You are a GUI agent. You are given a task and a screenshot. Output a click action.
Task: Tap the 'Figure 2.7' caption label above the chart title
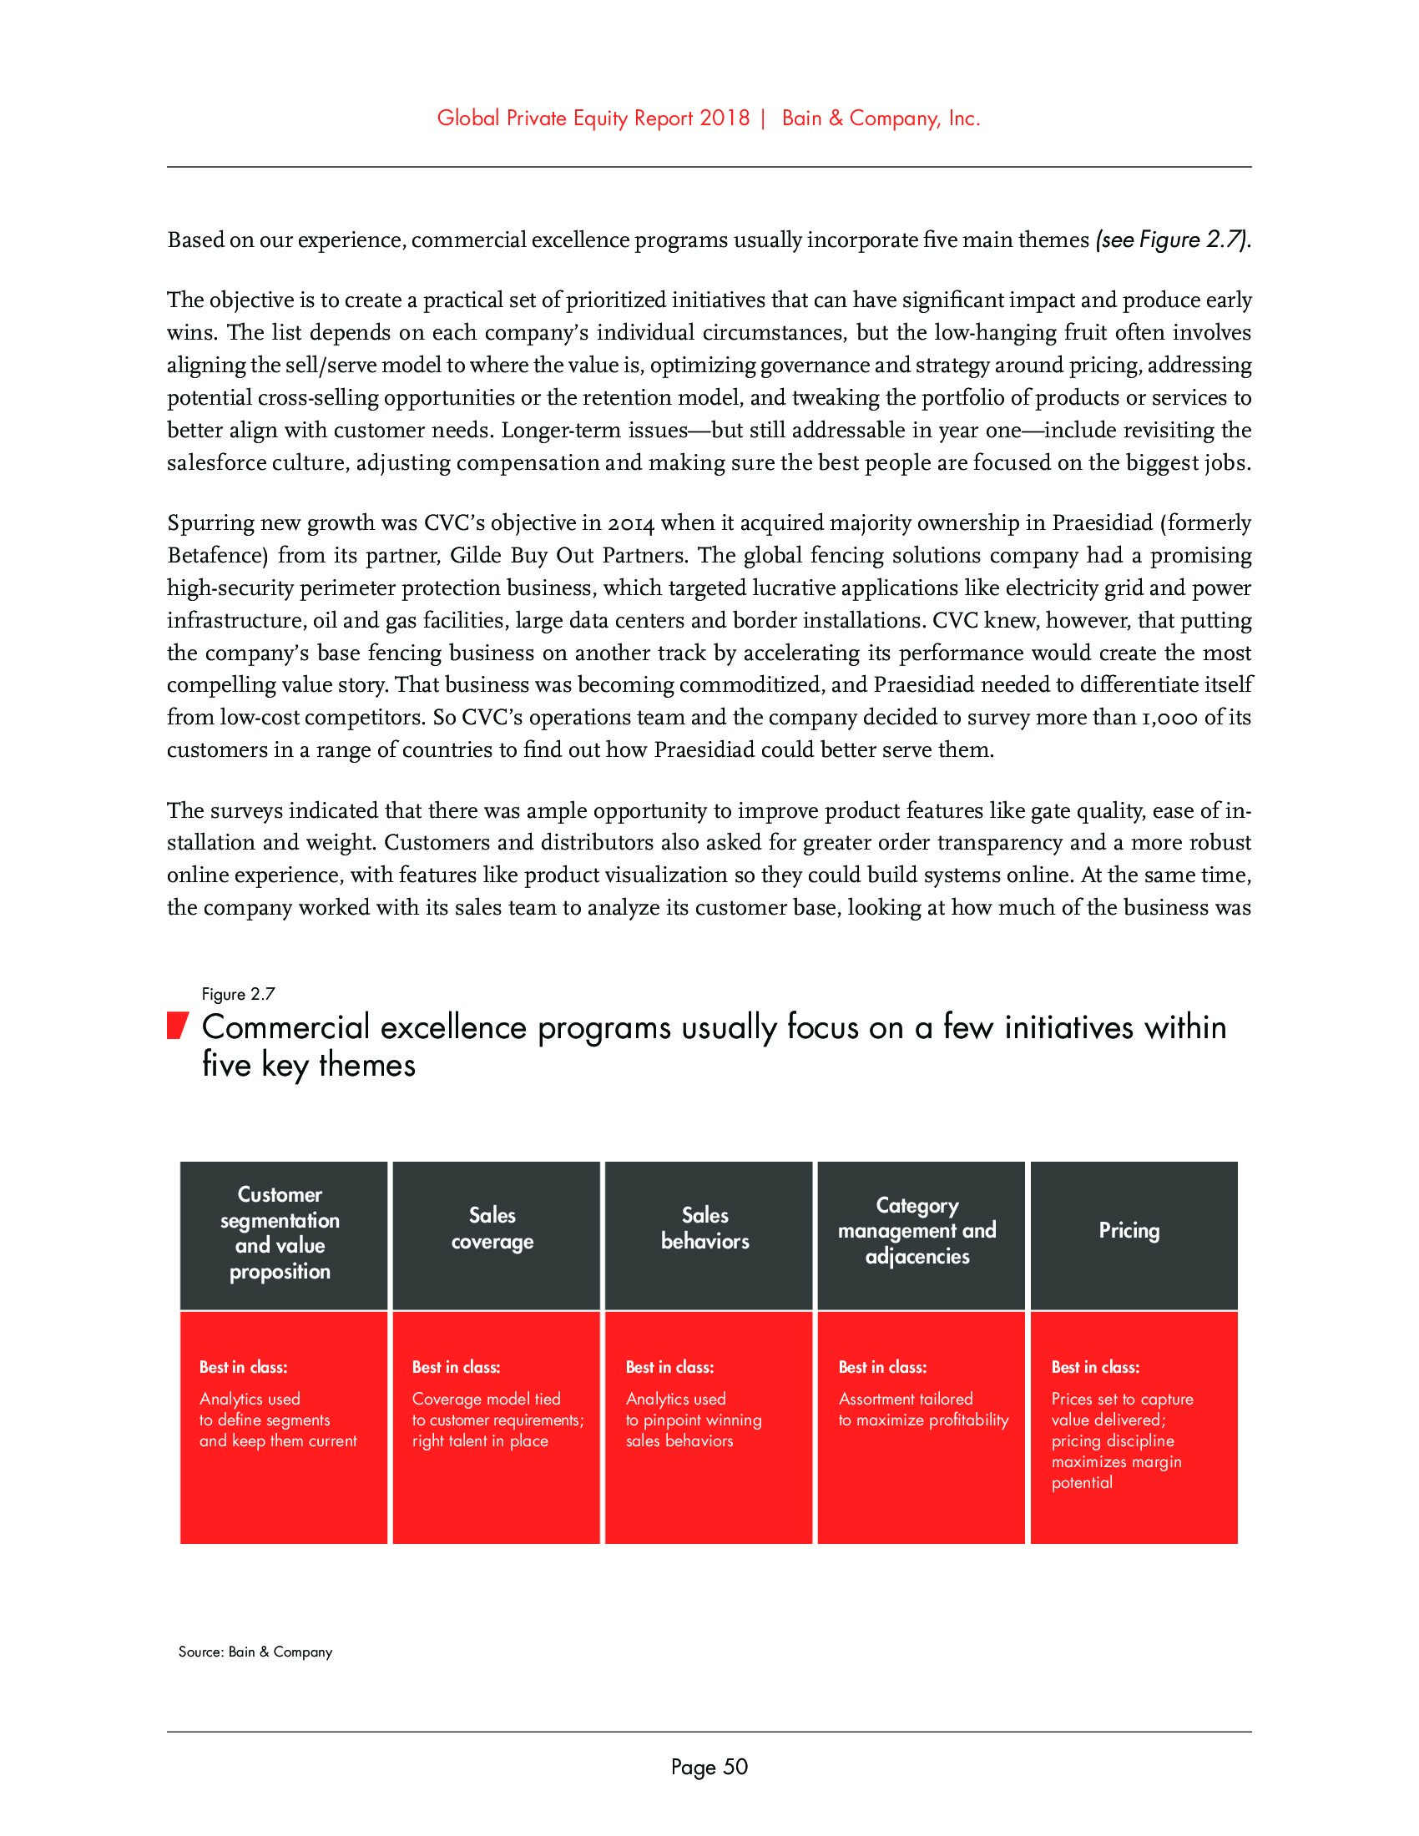point(238,995)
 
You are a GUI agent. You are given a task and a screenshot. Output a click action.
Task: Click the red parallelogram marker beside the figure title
point(174,1027)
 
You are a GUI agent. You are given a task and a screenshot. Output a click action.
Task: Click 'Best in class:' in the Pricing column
point(1094,1368)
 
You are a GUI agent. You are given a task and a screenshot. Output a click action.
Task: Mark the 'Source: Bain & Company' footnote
point(255,1652)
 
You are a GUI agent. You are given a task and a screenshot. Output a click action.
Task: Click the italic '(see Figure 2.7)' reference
point(1172,240)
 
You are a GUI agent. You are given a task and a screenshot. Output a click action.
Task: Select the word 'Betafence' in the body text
point(217,556)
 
